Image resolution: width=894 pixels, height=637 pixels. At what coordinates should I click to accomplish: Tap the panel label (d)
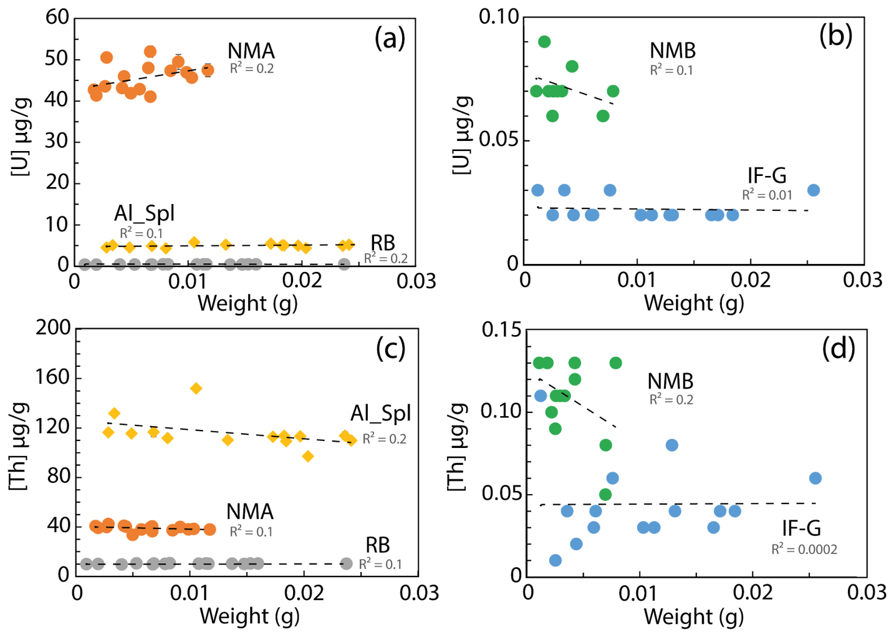(x=838, y=349)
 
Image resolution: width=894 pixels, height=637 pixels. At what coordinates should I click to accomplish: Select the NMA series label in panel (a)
(x=251, y=51)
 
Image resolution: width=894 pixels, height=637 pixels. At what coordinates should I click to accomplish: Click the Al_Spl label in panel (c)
(x=380, y=413)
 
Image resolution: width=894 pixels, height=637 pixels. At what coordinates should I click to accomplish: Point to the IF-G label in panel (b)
(x=766, y=175)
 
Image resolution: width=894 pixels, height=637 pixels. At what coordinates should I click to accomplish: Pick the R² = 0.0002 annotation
(x=804, y=550)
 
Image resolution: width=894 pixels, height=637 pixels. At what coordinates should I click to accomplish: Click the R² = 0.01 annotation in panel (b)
(x=767, y=195)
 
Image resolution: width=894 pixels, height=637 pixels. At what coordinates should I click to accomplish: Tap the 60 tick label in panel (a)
(x=57, y=17)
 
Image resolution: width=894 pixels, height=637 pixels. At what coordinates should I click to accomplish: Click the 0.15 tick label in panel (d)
(x=501, y=329)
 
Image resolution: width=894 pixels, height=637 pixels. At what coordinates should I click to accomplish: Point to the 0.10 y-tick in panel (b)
(x=499, y=17)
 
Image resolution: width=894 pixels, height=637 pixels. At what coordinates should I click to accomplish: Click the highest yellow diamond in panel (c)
(x=196, y=389)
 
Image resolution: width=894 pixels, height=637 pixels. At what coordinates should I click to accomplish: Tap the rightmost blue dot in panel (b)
(x=813, y=190)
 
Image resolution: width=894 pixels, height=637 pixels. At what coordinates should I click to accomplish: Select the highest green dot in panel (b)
(x=544, y=42)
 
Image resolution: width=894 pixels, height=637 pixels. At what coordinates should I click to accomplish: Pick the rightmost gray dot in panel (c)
(x=347, y=563)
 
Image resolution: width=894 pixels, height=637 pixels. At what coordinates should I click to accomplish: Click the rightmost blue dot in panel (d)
(x=815, y=479)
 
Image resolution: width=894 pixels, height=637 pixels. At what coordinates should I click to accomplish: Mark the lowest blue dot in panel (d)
(x=555, y=560)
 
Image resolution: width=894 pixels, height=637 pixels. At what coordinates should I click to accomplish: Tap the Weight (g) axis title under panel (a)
(x=248, y=303)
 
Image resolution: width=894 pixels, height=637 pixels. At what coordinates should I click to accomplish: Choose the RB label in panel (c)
(x=377, y=545)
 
